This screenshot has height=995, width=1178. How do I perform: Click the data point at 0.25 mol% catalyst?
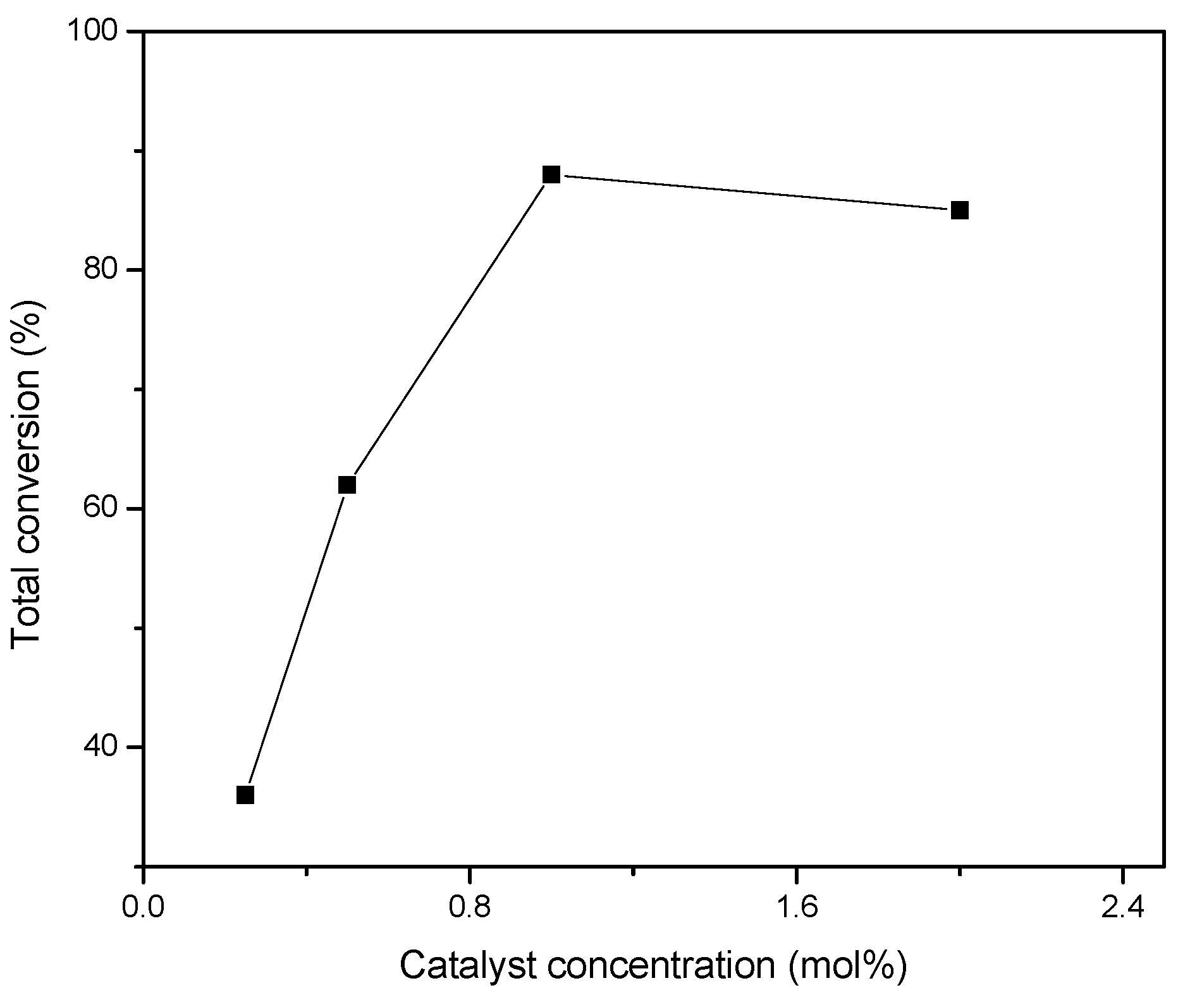(245, 795)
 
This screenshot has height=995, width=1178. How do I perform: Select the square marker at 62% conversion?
(347, 485)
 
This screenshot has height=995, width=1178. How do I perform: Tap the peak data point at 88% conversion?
(551, 174)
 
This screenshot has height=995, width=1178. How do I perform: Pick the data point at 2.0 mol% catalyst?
(960, 211)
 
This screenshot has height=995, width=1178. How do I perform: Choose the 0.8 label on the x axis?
(470, 907)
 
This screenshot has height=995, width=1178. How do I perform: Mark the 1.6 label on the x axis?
(796, 907)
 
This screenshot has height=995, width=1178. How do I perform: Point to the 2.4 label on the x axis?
(1122, 907)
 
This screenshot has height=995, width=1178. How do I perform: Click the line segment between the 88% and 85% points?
(756, 193)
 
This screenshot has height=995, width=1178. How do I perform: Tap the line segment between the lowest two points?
(296, 640)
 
